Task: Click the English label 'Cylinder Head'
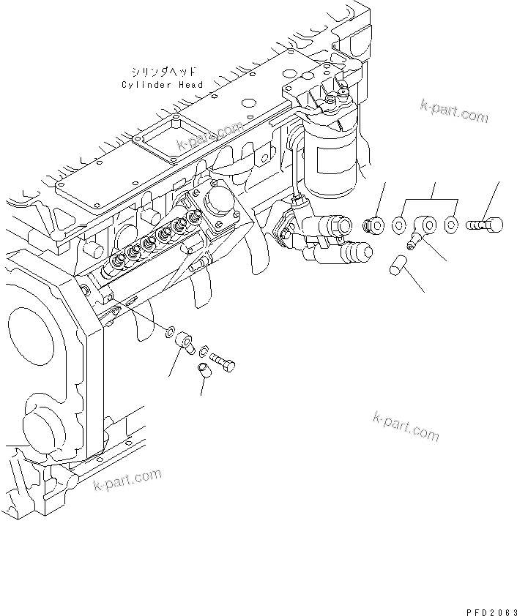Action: point(162,85)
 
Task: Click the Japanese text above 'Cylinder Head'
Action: point(162,72)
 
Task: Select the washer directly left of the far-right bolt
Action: point(452,223)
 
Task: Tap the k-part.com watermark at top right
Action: point(453,110)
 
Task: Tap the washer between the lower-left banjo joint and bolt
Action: point(204,350)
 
